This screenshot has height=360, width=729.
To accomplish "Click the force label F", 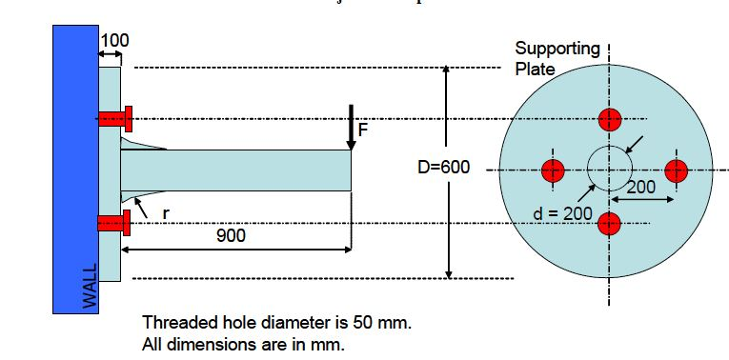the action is click(x=363, y=130).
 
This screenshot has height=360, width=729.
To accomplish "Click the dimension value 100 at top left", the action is click(x=114, y=41).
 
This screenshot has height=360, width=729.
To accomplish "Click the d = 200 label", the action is click(x=563, y=213).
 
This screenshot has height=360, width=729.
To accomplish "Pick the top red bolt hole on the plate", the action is click(x=610, y=119).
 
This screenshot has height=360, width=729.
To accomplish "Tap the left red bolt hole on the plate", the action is click(x=553, y=170).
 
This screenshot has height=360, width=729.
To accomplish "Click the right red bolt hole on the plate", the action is click(x=676, y=170).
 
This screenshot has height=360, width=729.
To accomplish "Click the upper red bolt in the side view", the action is click(x=114, y=119).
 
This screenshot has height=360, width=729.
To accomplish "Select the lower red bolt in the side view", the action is click(x=114, y=224).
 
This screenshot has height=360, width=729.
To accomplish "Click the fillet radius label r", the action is click(x=165, y=213).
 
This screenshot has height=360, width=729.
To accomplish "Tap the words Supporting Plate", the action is click(x=557, y=58).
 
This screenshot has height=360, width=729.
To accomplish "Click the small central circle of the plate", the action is click(x=608, y=170).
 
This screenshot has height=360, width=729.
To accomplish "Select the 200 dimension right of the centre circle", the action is click(x=640, y=187).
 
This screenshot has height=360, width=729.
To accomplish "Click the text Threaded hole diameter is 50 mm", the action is click(x=276, y=323).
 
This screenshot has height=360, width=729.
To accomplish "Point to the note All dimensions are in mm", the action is click(x=243, y=344).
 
